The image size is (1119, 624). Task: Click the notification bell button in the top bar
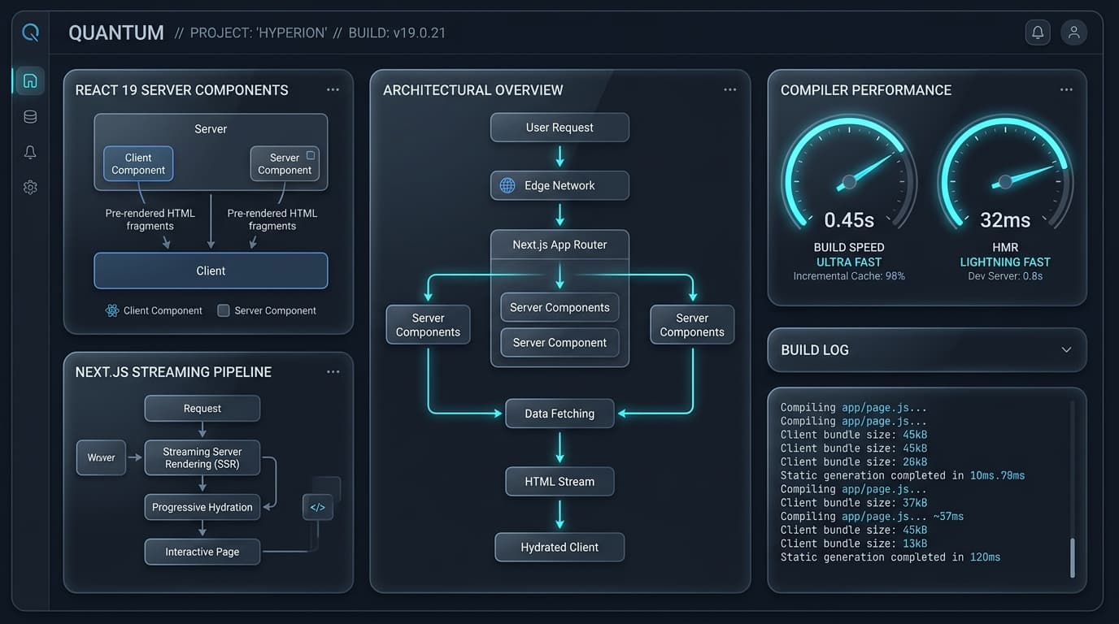(x=1038, y=33)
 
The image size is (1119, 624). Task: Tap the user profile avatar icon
(x=1073, y=33)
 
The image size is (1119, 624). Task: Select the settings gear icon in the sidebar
(x=30, y=187)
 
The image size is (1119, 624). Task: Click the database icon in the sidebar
(x=30, y=117)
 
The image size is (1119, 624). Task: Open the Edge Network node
(x=559, y=186)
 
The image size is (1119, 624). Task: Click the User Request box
(x=559, y=128)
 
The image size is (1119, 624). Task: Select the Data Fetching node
(x=559, y=414)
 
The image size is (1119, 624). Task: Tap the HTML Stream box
(x=559, y=482)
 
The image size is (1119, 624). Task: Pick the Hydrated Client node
(x=559, y=548)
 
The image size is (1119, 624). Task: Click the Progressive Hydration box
(x=202, y=508)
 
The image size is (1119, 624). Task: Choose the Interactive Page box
(x=202, y=552)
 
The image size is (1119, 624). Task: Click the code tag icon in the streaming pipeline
(x=318, y=508)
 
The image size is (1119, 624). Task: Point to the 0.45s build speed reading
(x=849, y=220)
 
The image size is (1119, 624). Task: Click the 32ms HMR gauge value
(x=1005, y=220)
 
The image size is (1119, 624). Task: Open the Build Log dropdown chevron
(x=1066, y=350)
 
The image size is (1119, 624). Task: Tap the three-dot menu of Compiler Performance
(x=1066, y=90)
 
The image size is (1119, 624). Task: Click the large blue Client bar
(x=211, y=271)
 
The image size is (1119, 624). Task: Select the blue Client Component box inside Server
(x=138, y=164)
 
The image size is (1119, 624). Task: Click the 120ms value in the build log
(x=985, y=557)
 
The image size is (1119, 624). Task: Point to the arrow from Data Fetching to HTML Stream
(x=559, y=448)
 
